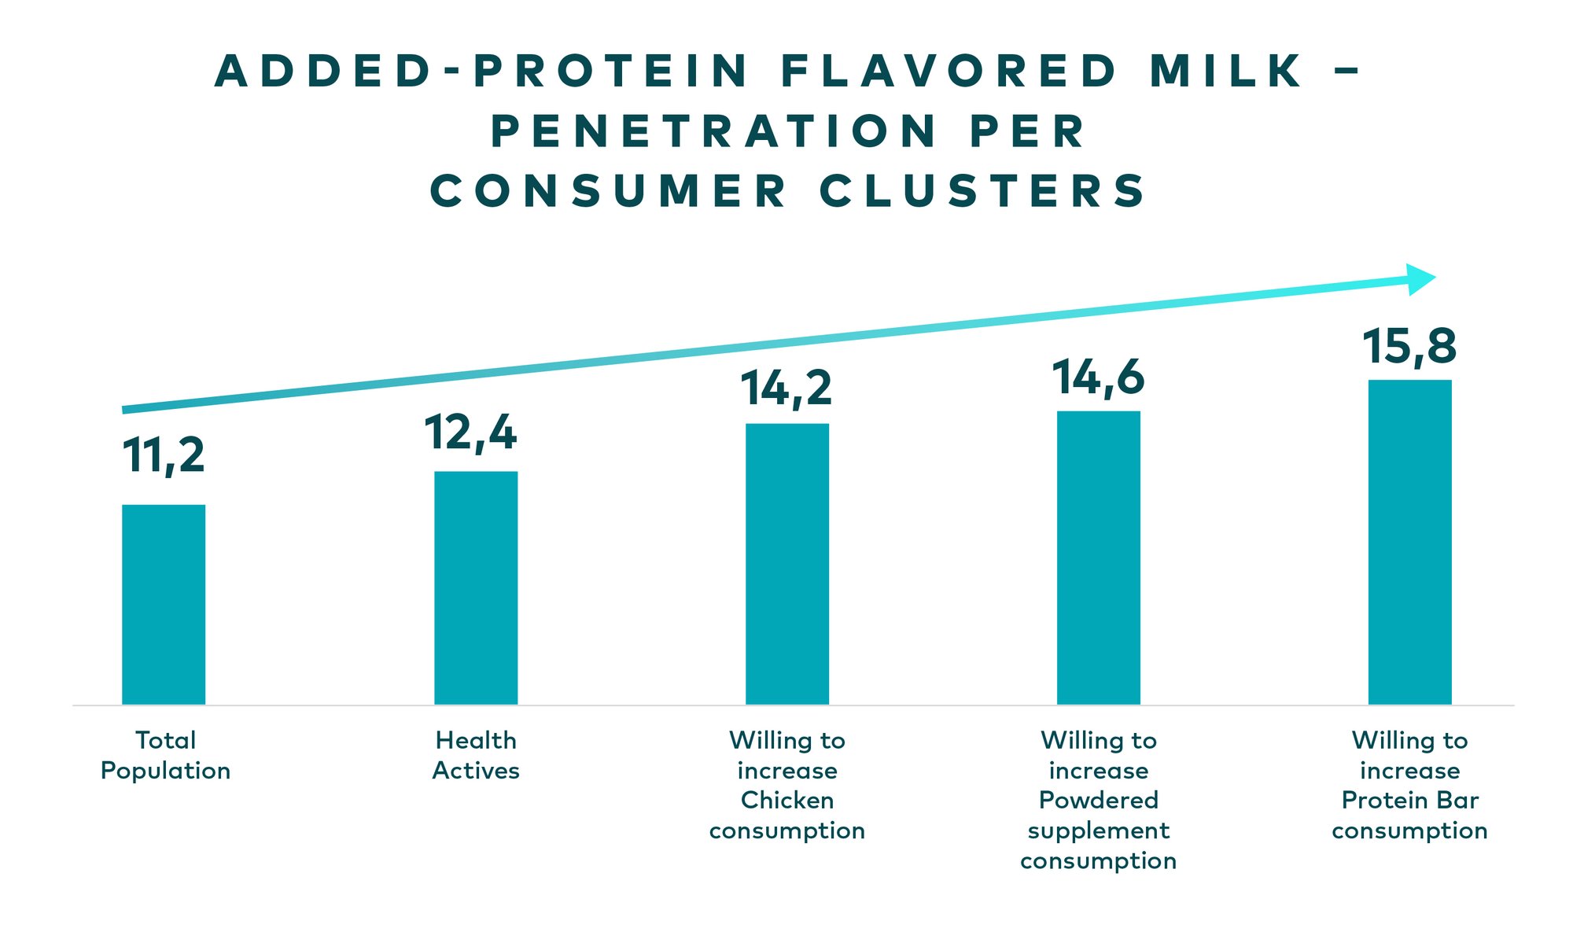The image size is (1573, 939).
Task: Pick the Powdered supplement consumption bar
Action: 1098,558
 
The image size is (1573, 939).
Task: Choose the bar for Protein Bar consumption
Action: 1409,542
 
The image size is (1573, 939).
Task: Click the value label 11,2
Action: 164,455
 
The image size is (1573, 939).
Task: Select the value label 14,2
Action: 786,388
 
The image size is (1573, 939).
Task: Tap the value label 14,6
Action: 1098,377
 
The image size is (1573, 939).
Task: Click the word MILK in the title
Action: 1225,71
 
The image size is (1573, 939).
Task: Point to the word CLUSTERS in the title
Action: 983,191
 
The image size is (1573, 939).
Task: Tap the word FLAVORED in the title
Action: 949,71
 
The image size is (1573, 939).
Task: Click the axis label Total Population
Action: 165,755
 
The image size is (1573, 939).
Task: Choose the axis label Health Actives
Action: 476,755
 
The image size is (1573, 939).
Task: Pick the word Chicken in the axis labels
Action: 787,801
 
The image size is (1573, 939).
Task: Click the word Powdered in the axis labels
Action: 1098,801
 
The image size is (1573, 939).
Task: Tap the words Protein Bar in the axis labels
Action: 1409,801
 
